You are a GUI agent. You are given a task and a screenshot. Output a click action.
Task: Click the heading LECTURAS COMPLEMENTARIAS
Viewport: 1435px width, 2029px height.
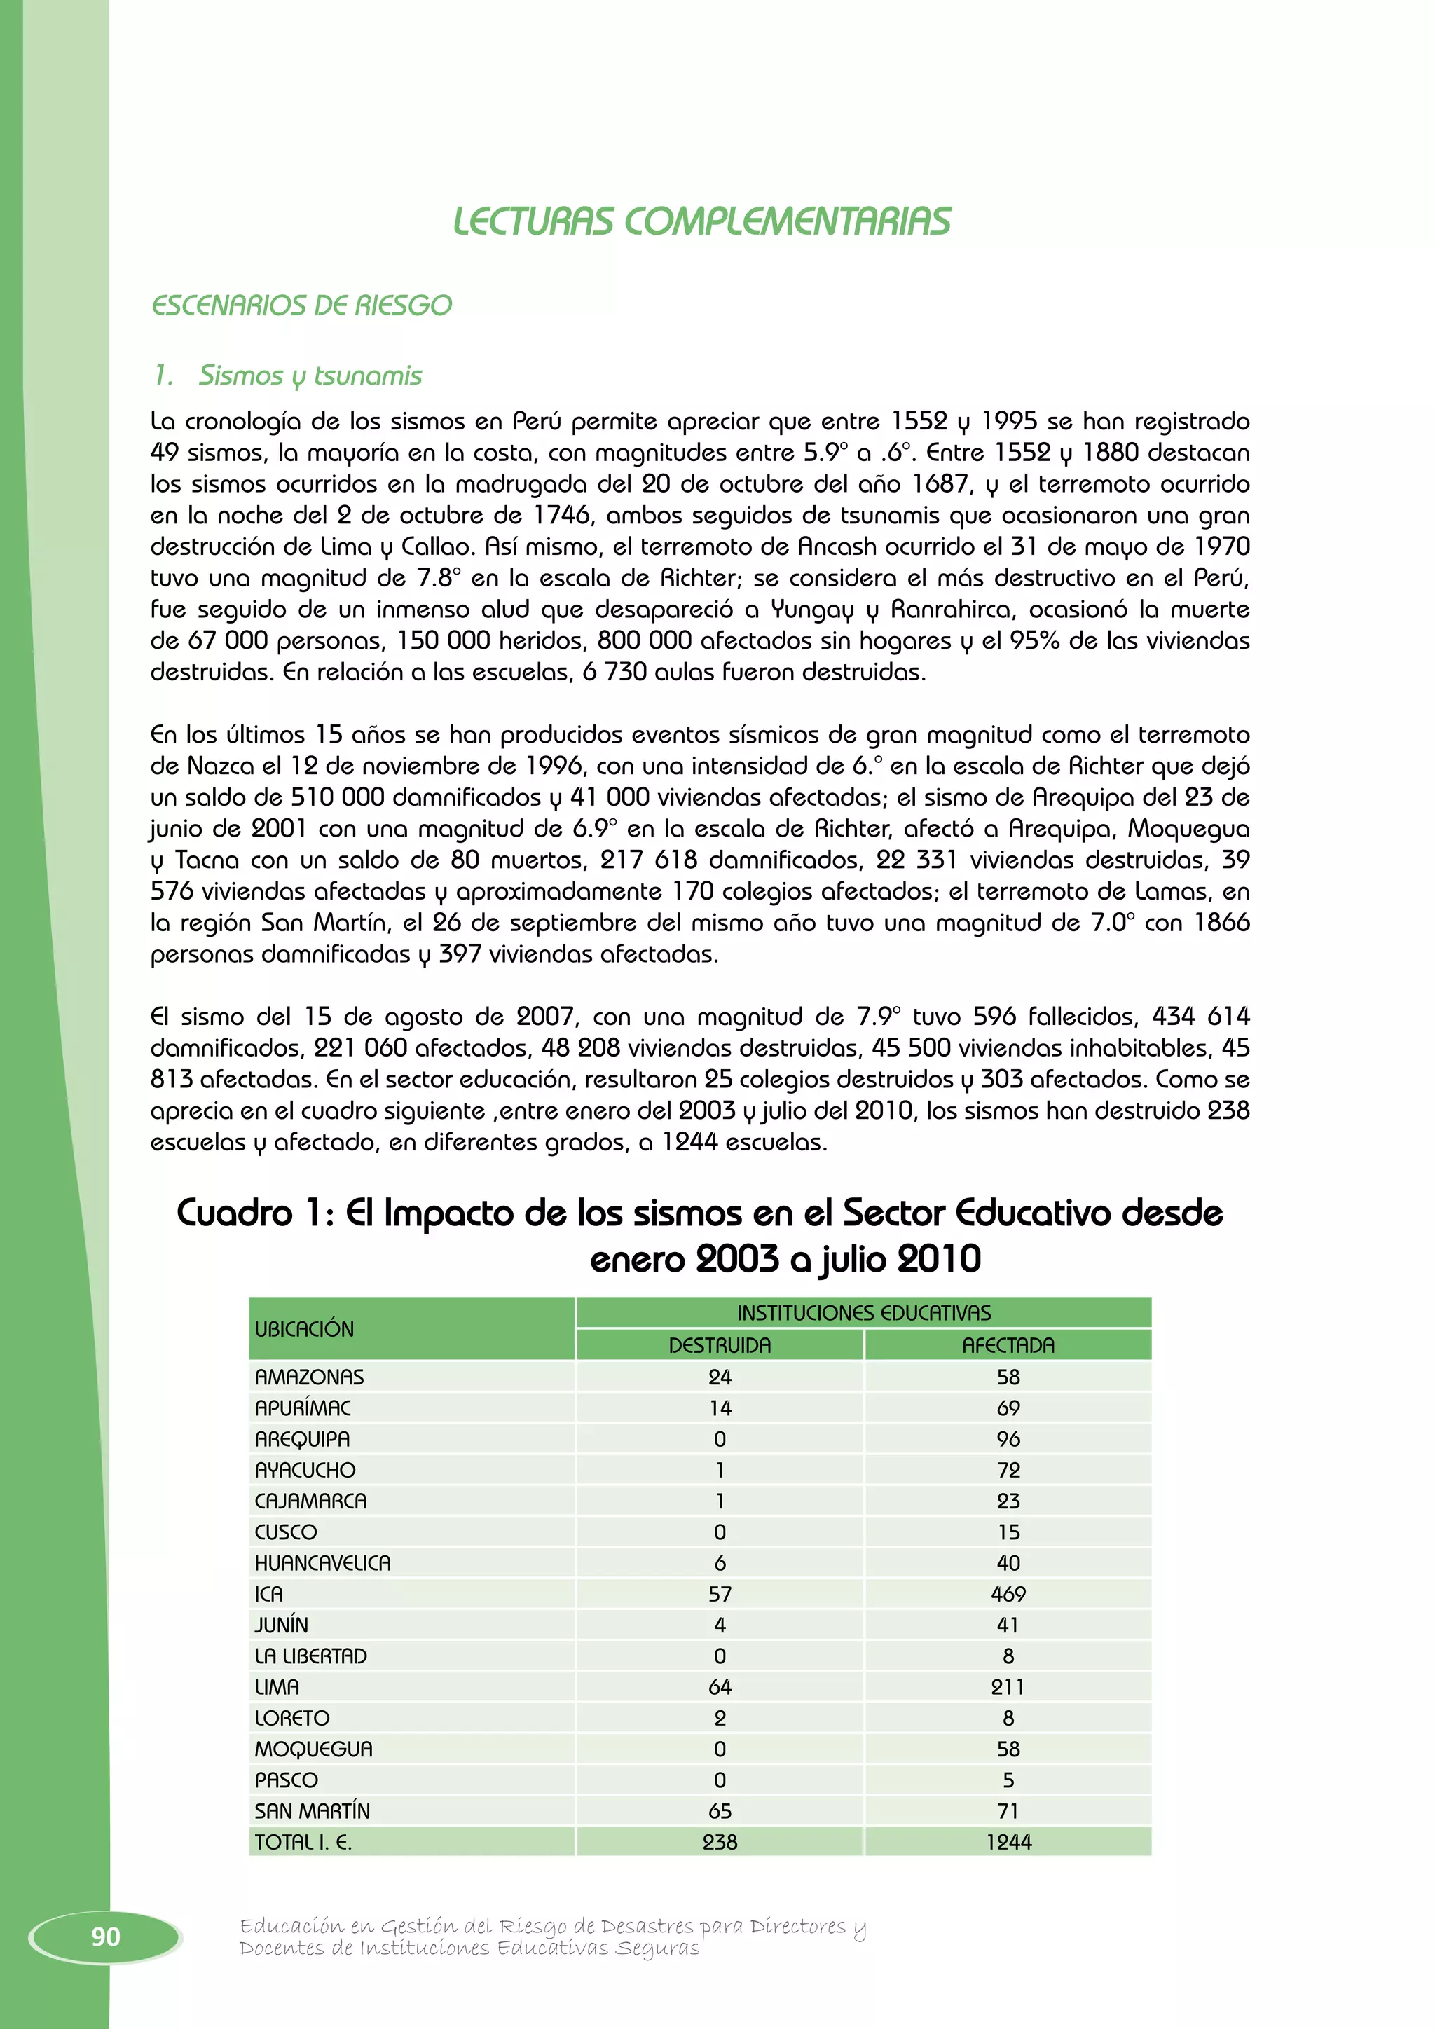point(701,222)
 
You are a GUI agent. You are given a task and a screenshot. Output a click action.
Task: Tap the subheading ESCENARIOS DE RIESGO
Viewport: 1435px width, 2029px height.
point(301,305)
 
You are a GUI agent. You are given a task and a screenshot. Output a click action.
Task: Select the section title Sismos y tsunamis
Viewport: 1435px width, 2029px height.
point(310,376)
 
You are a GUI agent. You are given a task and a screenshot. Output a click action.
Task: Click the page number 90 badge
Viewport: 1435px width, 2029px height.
point(105,1937)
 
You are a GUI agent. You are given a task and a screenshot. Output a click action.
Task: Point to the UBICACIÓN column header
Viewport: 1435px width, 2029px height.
point(304,1329)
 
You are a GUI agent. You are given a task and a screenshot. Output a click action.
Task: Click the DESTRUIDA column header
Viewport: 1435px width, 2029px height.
point(720,1345)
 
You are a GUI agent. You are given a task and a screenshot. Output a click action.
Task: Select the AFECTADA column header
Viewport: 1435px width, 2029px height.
point(1008,1345)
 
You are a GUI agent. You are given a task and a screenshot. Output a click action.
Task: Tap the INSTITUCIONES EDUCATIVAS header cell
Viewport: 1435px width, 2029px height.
point(863,1312)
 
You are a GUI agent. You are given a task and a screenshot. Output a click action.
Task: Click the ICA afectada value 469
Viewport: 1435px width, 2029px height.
point(1008,1594)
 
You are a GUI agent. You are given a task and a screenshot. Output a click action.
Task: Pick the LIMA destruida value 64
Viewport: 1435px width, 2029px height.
point(720,1687)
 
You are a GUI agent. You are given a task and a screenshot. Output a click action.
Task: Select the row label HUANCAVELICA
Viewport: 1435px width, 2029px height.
point(322,1563)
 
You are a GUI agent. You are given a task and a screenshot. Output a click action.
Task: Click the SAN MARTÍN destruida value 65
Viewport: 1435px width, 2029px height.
point(720,1810)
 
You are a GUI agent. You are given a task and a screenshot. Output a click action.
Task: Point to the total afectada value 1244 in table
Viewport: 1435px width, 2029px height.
point(1008,1843)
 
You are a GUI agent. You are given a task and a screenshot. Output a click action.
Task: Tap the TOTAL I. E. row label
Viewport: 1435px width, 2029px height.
point(303,1843)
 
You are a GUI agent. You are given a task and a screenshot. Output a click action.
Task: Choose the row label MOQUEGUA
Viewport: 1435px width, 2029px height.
point(314,1749)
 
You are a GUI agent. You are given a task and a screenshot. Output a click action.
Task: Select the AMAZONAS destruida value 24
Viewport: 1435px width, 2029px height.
point(720,1377)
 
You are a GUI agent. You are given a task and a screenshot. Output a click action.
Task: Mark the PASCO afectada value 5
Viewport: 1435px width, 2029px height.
point(1008,1780)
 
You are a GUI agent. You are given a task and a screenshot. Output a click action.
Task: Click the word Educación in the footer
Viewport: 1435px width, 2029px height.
point(291,1927)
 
